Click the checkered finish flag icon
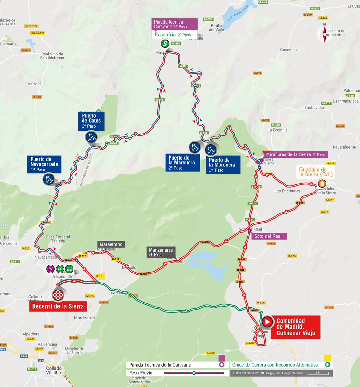58,294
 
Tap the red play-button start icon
267,322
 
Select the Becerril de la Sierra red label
58,306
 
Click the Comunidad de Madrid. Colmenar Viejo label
295,327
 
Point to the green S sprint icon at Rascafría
165,43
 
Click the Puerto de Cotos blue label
91,121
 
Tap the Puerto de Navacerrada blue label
44,164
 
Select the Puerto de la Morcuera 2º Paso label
182,163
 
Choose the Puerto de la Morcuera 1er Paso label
222,165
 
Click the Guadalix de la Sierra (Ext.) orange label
316,172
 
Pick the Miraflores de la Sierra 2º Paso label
296,154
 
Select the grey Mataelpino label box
111,244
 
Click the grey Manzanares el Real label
161,252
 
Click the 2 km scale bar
318,373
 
